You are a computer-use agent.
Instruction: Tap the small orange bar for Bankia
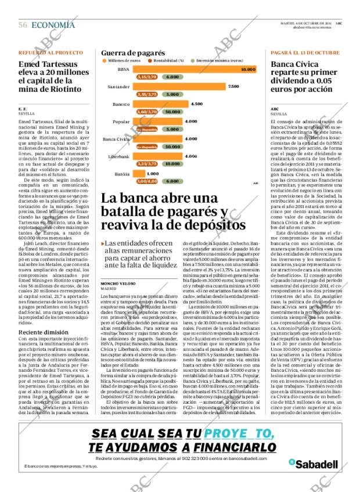(x=138, y=174)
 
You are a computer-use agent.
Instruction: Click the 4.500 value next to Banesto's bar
(x=196, y=104)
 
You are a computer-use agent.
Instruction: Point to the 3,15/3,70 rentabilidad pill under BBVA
(x=146, y=77)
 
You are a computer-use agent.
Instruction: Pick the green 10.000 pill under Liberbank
(x=172, y=164)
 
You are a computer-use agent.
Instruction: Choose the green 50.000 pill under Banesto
(x=172, y=112)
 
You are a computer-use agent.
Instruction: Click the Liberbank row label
(x=119, y=157)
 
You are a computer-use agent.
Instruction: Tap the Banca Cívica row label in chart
(x=116, y=139)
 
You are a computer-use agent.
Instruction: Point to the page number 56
(x=23, y=25)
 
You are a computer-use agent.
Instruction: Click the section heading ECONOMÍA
(x=53, y=25)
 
